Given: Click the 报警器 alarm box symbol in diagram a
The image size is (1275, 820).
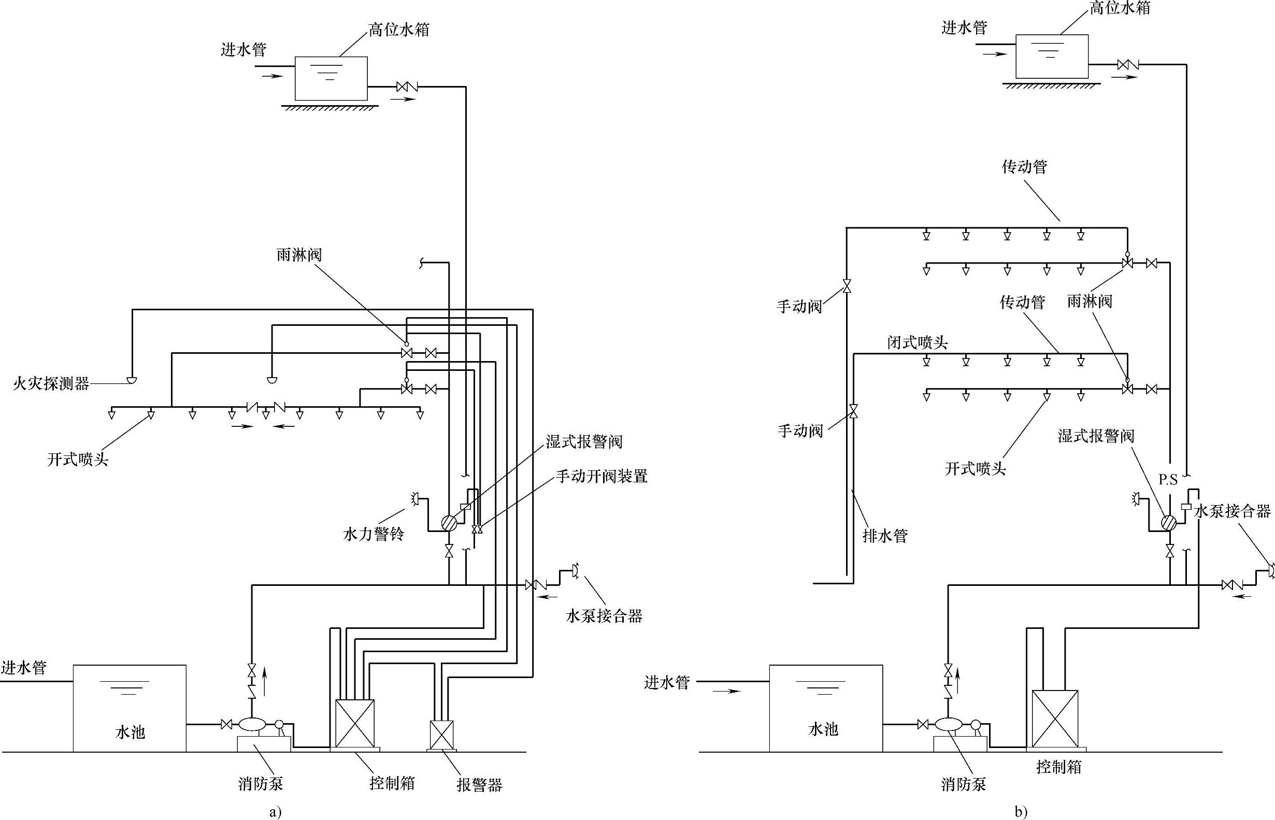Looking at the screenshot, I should (441, 735).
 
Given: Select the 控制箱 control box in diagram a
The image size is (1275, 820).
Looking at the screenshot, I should (355, 723).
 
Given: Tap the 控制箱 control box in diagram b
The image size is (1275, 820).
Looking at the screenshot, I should (1055, 719).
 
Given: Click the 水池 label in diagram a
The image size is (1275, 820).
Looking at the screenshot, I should (130, 732).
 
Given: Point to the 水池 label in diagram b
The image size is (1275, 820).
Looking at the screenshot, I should (823, 729).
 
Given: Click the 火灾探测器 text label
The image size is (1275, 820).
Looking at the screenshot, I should (51, 383).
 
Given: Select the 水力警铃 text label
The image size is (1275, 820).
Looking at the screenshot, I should (374, 534).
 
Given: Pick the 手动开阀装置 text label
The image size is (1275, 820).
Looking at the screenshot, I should (602, 476).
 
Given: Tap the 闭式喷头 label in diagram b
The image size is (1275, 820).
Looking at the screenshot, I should (918, 342).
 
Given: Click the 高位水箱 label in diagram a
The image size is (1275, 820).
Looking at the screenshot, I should (399, 30).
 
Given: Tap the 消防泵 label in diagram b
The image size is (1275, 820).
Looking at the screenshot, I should (964, 784).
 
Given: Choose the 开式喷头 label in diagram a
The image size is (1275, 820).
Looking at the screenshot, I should (78, 459).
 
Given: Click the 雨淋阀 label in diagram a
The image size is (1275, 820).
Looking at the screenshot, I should (299, 255).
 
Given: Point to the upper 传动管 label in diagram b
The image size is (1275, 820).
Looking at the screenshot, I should (1025, 167).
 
